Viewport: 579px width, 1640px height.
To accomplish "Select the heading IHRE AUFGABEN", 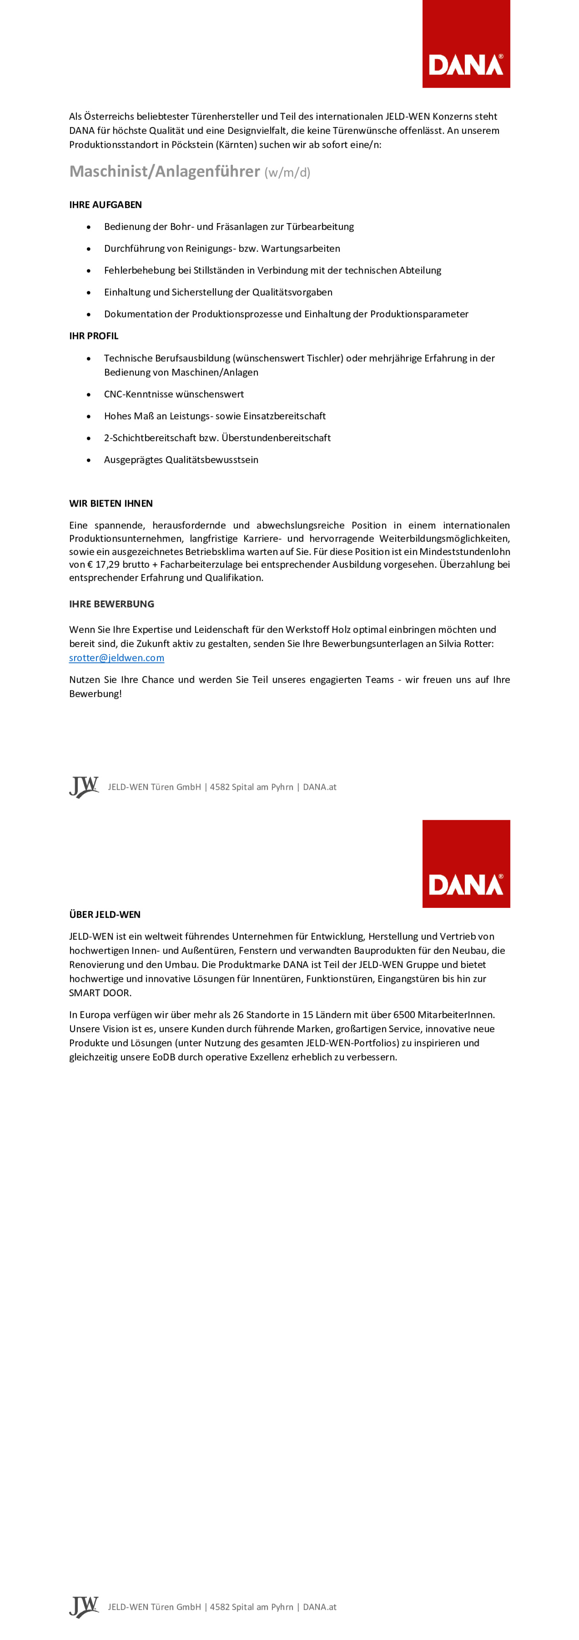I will (x=105, y=205).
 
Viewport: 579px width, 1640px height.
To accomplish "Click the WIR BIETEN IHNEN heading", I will (x=111, y=503).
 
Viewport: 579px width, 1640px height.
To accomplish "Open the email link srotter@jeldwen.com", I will (x=117, y=658).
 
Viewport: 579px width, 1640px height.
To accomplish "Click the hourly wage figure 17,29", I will (x=107, y=565).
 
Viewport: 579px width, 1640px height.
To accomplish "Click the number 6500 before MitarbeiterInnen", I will (x=404, y=1015).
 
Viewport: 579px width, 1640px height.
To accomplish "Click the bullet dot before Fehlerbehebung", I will (x=88, y=271).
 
